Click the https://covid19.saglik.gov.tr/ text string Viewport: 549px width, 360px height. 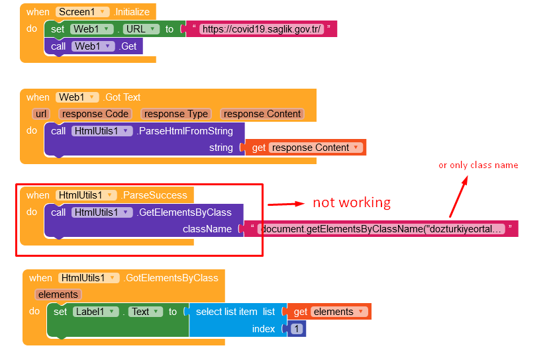pos(262,29)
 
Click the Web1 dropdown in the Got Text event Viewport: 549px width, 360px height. pos(77,97)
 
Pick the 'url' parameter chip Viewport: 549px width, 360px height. pos(41,114)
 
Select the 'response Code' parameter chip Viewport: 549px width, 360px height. pos(95,114)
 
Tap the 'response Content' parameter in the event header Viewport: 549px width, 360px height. pos(262,114)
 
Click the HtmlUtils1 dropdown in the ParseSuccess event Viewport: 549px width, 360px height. pos(87,195)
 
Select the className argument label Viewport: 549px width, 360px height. pos(207,229)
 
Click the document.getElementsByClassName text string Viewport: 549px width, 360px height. pos(381,229)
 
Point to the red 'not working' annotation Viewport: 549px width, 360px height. pos(352,202)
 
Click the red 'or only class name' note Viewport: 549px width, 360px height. pos(478,165)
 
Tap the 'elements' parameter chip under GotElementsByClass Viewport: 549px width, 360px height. pos(58,294)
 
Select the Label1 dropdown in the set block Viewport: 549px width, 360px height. pos(95,312)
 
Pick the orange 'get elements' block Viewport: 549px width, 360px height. pos(328,312)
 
